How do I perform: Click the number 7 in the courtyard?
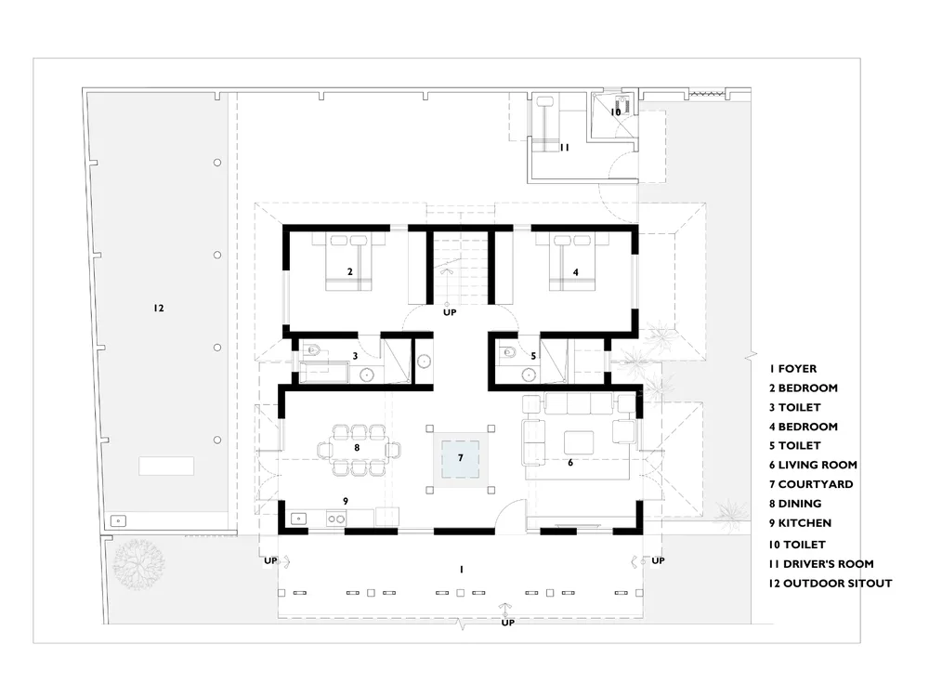pos(461,457)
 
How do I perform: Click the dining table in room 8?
pos(357,450)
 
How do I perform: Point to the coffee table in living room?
pos(579,442)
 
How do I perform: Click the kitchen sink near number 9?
pos(298,519)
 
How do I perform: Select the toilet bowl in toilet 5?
pos(508,352)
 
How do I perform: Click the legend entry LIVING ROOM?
pos(813,466)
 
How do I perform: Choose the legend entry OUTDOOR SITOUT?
pos(830,584)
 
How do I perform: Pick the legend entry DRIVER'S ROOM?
pos(821,564)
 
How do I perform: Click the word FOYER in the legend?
pos(797,369)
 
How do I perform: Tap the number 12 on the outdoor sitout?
pos(158,308)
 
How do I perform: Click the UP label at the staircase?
pos(450,312)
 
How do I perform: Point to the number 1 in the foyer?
pos(462,570)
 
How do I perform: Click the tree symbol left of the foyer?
pos(138,564)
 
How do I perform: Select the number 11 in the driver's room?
pos(565,147)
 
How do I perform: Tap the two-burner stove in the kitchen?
pos(336,519)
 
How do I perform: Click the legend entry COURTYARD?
pos(811,484)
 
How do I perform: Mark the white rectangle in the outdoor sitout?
pos(166,466)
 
